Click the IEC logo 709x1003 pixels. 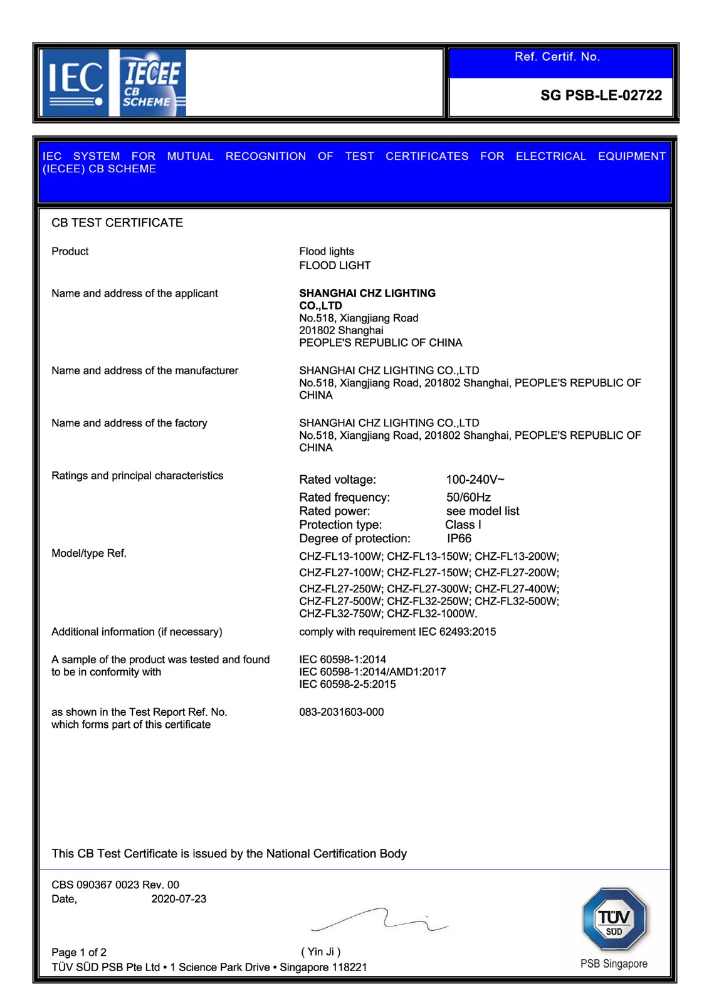(x=75, y=82)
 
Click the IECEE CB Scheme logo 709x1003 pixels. (x=152, y=83)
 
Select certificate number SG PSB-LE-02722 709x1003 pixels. (x=601, y=95)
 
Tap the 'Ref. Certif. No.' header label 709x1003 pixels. (x=557, y=57)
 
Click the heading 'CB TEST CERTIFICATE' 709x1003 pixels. (x=117, y=223)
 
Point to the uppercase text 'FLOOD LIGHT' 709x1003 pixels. (x=335, y=265)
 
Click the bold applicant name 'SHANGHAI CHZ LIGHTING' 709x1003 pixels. (x=367, y=293)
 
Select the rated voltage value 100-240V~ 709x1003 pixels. (x=475, y=480)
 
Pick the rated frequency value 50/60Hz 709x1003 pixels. (x=468, y=497)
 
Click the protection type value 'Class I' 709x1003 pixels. (x=463, y=525)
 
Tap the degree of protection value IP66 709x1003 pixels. (x=459, y=538)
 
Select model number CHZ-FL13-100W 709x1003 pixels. (x=340, y=556)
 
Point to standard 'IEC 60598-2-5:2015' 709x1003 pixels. (x=347, y=684)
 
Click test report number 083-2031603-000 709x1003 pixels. (x=341, y=712)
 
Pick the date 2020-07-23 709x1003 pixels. (x=179, y=898)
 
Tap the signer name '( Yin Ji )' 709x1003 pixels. (x=321, y=952)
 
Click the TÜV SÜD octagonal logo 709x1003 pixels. (x=614, y=920)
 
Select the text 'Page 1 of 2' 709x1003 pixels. (x=79, y=952)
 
